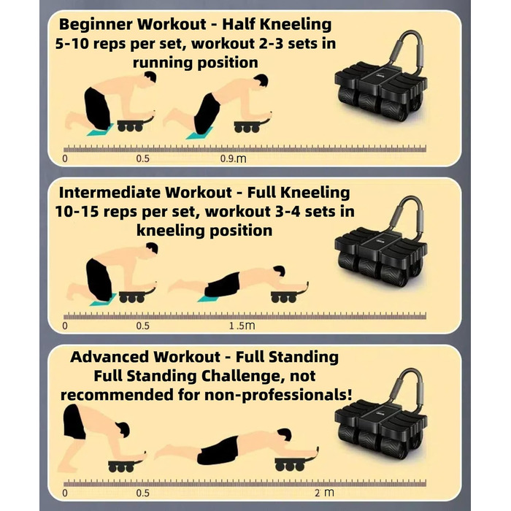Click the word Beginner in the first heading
point(96,25)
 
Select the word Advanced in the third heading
point(109,357)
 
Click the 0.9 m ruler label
point(233,158)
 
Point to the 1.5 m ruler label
point(242,326)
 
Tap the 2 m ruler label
point(324,493)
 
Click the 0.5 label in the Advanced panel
point(143,493)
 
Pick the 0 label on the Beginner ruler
point(65,158)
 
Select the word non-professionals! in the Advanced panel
point(278,395)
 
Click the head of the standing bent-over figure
point(123,429)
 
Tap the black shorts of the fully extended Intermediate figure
point(223,285)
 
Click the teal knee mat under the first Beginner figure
point(100,130)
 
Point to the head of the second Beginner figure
point(261,80)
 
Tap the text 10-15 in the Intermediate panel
point(77,212)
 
